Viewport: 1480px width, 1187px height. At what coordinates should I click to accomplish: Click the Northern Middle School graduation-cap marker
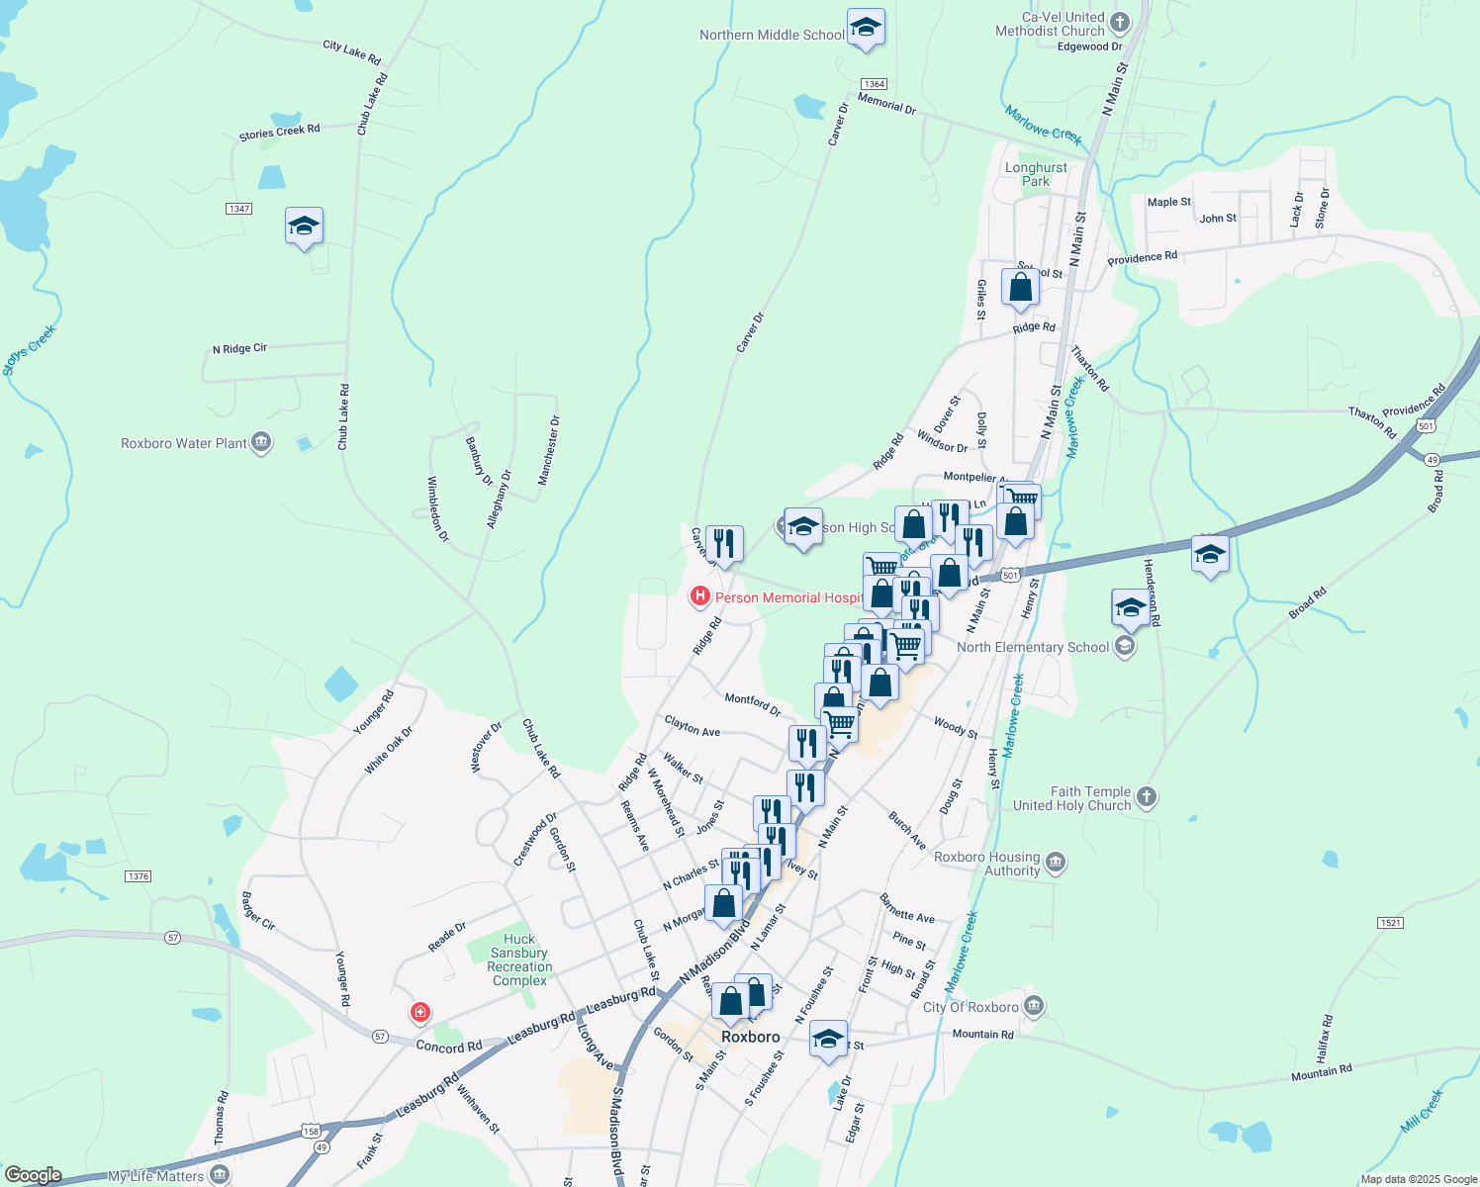pos(866,29)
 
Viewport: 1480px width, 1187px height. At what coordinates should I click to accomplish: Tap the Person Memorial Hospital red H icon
pos(700,595)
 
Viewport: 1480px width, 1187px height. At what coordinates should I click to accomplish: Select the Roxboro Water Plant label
pos(184,443)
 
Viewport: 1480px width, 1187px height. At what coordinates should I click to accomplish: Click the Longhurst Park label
pos(1036,174)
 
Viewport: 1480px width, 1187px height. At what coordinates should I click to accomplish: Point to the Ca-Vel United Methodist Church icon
pos(1120,22)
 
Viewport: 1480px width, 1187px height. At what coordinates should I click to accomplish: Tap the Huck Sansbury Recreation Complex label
pos(519,959)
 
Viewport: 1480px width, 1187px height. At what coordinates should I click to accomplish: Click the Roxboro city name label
pos(750,1037)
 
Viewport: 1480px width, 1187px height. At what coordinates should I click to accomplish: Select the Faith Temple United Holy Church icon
pos(1147,796)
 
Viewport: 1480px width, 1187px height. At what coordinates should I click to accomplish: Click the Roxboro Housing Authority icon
pos(1056,863)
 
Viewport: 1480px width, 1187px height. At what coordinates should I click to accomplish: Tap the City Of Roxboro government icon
pos(1034,1006)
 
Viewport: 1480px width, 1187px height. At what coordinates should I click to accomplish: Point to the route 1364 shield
pos(874,84)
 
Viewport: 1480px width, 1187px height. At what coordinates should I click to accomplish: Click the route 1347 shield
pos(238,209)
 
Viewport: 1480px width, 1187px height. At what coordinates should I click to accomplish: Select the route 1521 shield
pos(1390,923)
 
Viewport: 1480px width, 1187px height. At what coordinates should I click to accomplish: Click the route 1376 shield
pos(139,876)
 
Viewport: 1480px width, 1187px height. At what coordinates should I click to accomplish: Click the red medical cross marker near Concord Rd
pos(420,1012)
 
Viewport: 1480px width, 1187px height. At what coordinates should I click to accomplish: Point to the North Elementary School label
pos(1033,647)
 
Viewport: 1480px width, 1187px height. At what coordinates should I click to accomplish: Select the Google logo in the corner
pos(33,1175)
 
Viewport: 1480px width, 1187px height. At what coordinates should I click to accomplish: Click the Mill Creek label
pos(1423,1111)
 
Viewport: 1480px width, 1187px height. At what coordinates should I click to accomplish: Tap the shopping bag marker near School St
pos(1019,288)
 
